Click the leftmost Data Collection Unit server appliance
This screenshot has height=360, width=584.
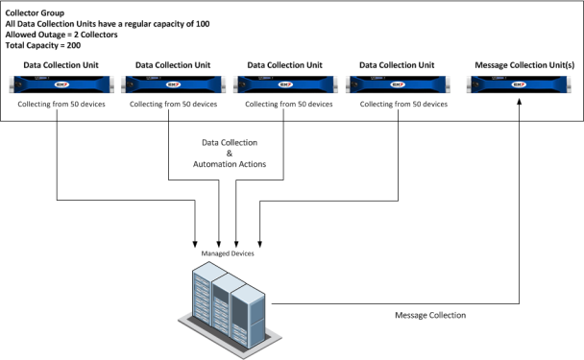(x=56, y=84)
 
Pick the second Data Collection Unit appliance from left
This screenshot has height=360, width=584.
(x=169, y=84)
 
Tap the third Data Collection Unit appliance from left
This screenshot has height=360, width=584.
(x=281, y=84)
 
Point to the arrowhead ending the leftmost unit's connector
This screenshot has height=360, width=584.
(x=196, y=241)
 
